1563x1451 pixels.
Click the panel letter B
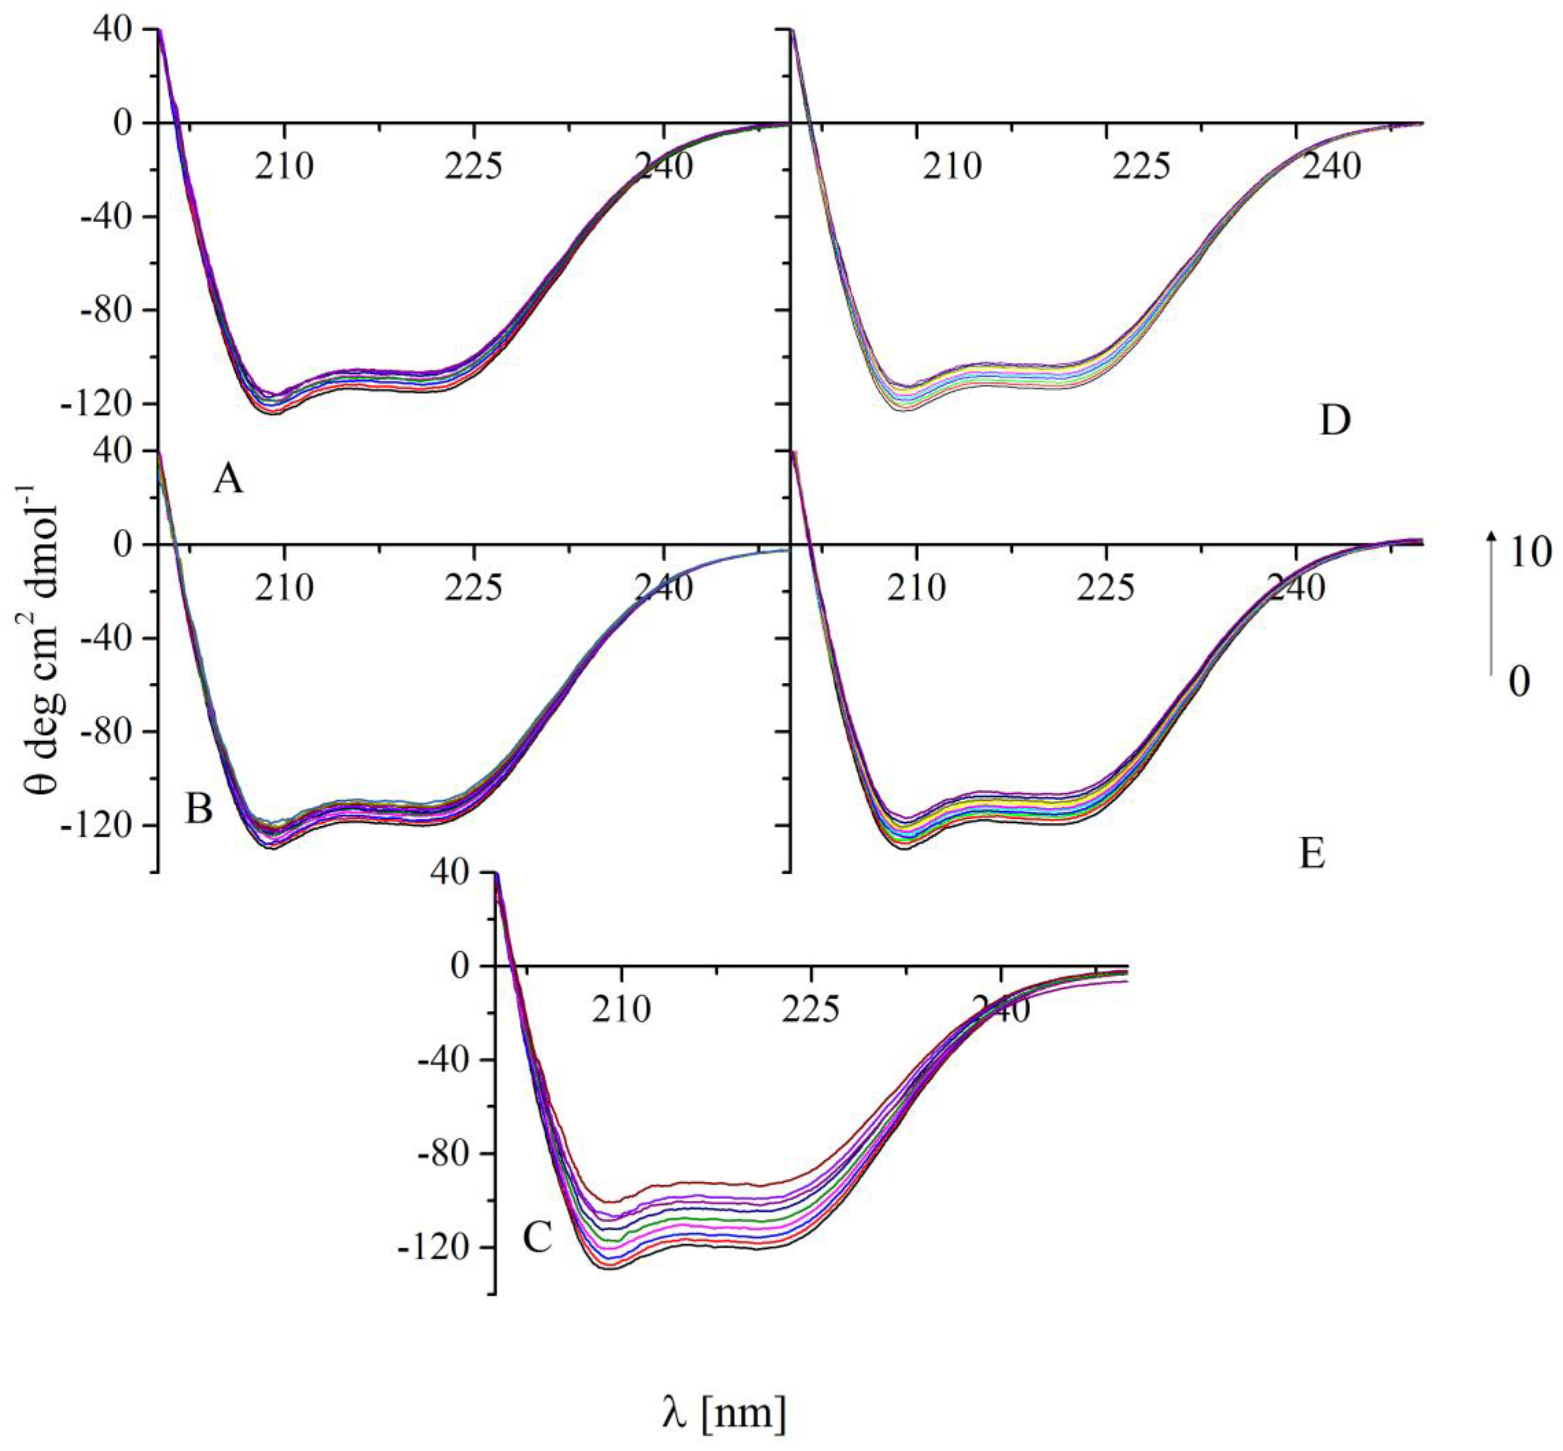pyautogui.click(x=199, y=809)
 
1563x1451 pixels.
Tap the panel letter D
pyautogui.click(x=1335, y=421)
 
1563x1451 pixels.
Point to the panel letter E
pyautogui.click(x=1313, y=853)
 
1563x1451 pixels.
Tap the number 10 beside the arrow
pyautogui.click(x=1529, y=554)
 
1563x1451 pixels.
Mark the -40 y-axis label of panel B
pyautogui.click(x=107, y=637)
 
